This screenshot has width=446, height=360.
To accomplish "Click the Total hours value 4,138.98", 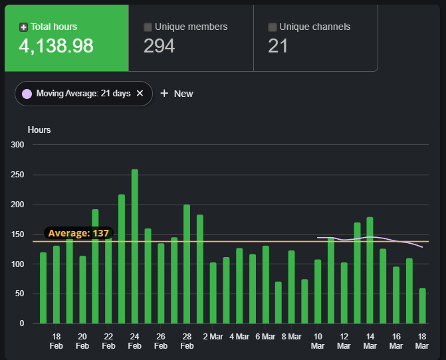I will [57, 46].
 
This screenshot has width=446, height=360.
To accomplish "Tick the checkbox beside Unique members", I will [148, 27].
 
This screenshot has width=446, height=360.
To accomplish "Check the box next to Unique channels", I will [273, 27].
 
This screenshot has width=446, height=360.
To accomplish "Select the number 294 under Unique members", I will [160, 46].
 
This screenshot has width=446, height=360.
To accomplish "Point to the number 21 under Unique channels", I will [278, 46].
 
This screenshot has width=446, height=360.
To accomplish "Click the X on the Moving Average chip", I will [140, 94].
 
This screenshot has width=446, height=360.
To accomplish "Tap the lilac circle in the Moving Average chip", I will [27, 94].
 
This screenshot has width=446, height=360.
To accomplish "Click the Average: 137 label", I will [78, 233].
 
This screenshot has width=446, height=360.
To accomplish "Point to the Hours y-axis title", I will [39, 130].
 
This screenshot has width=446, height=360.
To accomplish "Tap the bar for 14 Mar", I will [370, 270].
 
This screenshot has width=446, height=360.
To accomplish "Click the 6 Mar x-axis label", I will [265, 337].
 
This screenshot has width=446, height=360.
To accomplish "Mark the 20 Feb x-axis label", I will [82, 341].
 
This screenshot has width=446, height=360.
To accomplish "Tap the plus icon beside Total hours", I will [24, 27].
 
